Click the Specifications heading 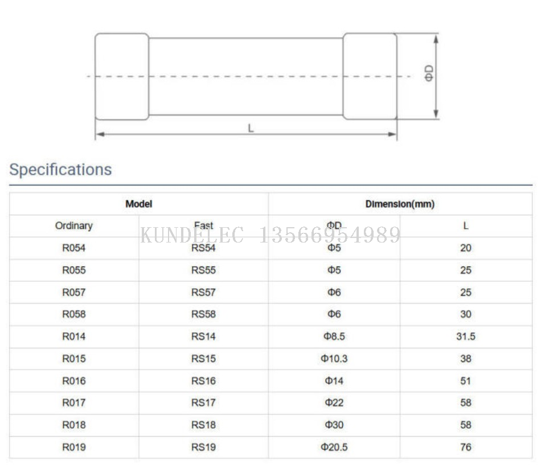tap(60, 170)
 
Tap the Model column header tap(139, 204)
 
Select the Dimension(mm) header tap(400, 204)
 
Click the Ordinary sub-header tap(74, 225)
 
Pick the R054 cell tap(74, 248)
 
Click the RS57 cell tap(203, 292)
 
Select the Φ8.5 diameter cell tap(334, 336)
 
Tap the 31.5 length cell tap(466, 336)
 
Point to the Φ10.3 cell tap(334, 359)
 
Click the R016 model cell tap(74, 381)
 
